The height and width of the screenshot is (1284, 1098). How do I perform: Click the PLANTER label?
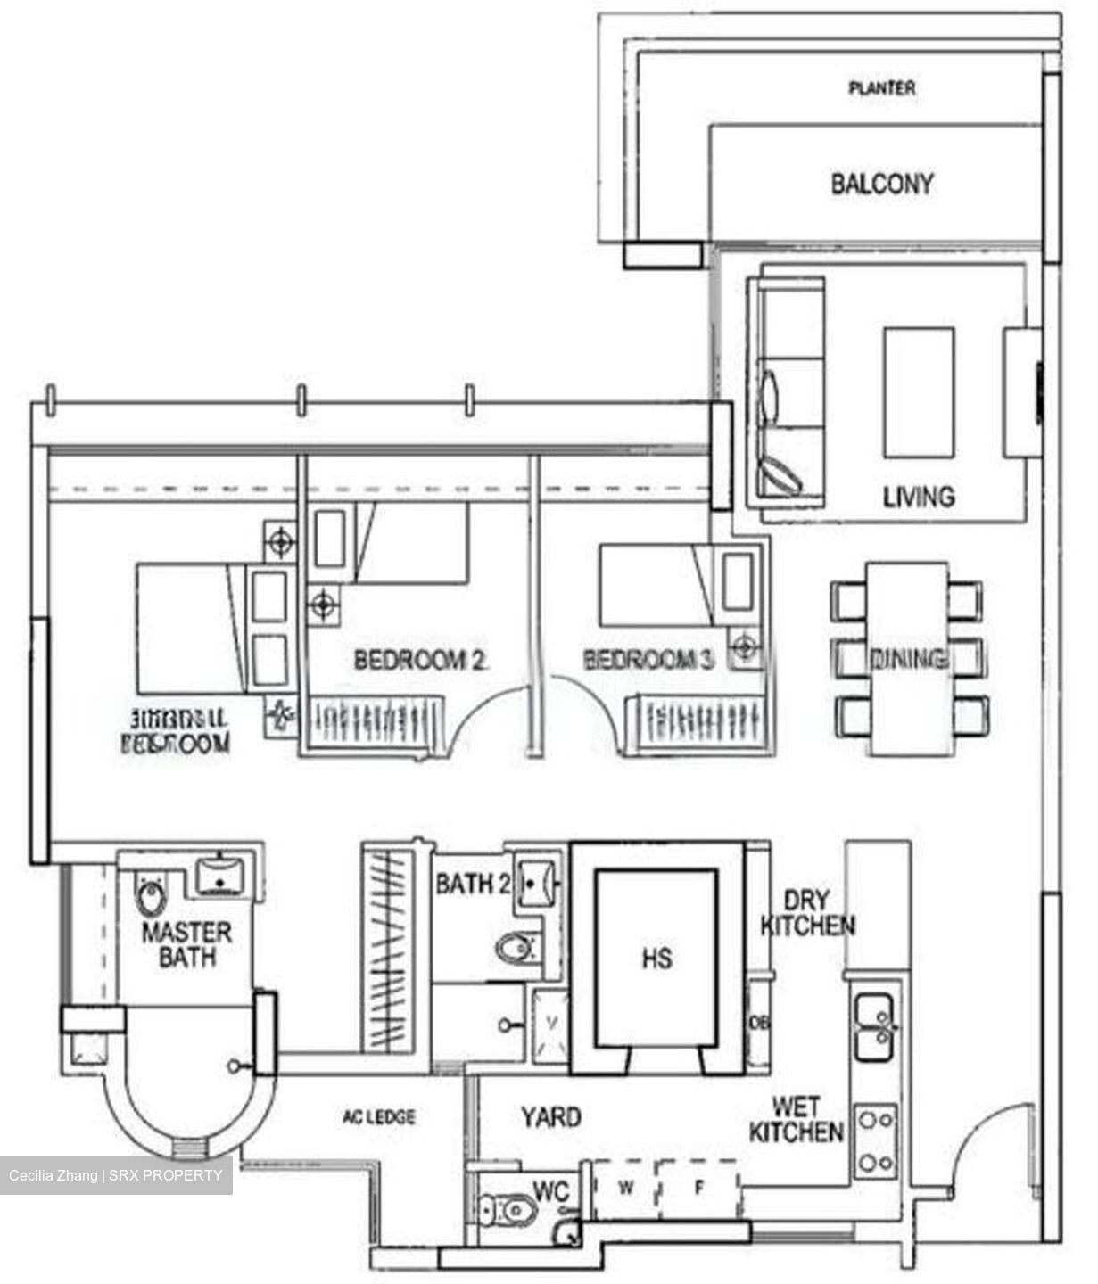(x=881, y=88)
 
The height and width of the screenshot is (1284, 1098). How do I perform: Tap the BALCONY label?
(x=881, y=185)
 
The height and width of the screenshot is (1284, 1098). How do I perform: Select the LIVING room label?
(x=918, y=497)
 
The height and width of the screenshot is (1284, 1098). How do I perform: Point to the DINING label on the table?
(x=908, y=660)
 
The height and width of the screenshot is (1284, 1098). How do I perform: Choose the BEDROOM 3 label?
(x=649, y=661)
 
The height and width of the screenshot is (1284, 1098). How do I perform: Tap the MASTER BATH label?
(x=186, y=945)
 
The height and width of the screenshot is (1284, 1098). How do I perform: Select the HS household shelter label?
(x=656, y=959)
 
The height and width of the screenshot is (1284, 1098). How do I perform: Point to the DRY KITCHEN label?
(x=807, y=913)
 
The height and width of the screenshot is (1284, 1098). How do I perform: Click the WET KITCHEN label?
(x=796, y=1120)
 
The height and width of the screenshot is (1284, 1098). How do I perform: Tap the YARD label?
(x=550, y=1116)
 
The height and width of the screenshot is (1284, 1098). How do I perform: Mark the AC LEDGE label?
(x=379, y=1116)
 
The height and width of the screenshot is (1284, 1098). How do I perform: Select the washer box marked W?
(x=626, y=1188)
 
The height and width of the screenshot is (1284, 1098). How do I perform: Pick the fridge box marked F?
(x=698, y=1188)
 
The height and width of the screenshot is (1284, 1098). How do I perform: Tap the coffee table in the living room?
(x=919, y=392)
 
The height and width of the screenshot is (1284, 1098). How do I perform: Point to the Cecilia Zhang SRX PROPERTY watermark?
(x=116, y=1175)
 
